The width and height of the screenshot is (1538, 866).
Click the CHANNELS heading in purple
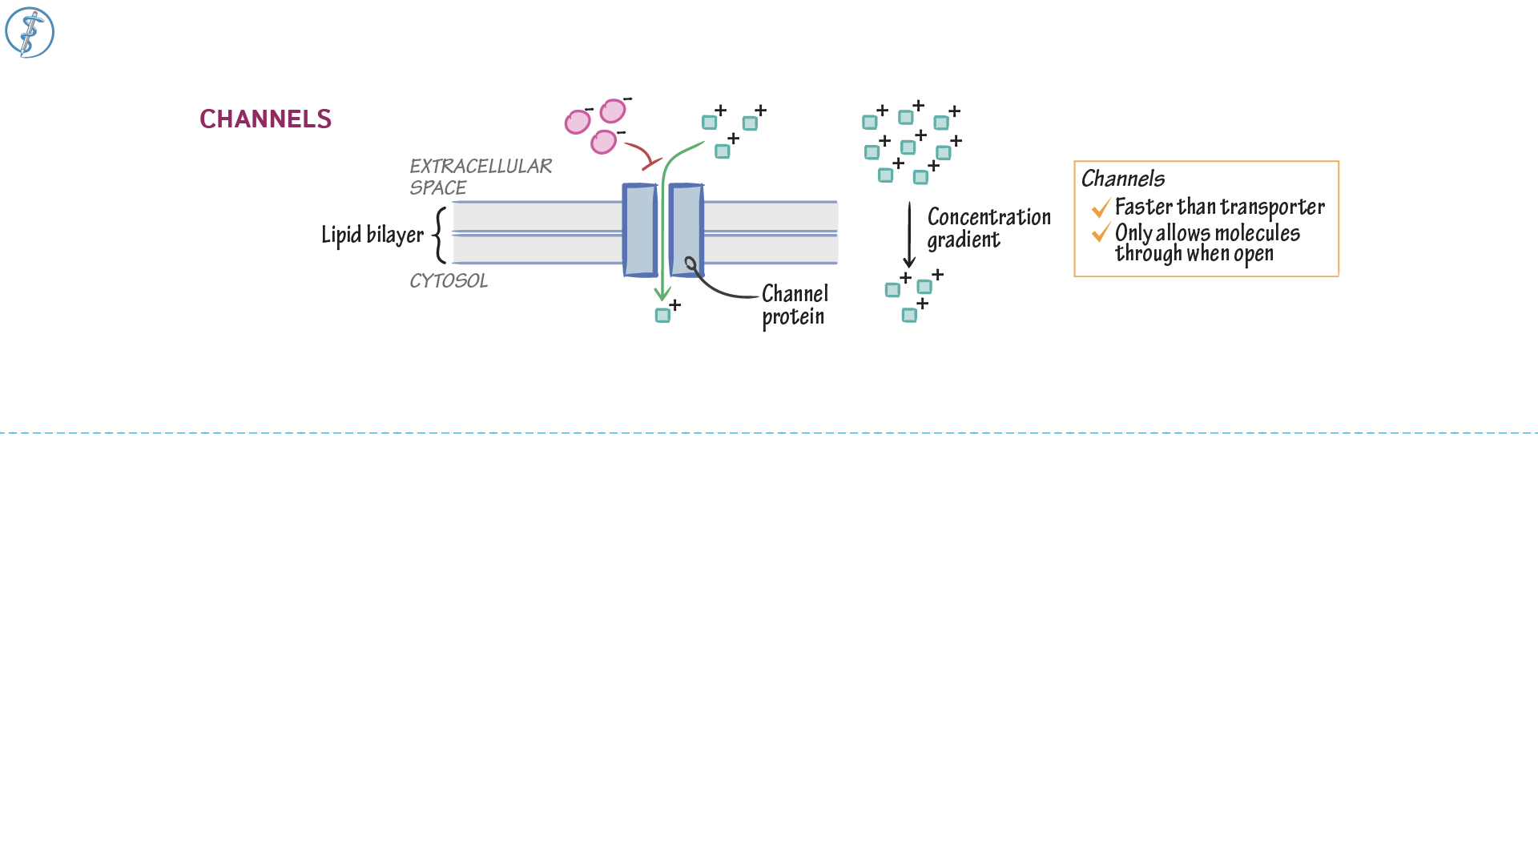click(265, 119)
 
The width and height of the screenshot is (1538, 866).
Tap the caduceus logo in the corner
click(30, 33)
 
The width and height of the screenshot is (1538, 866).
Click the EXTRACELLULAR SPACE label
click(480, 176)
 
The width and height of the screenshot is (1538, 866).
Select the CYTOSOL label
click(449, 281)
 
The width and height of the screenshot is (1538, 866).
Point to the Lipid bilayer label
click(372, 235)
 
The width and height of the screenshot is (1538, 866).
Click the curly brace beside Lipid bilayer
click(440, 235)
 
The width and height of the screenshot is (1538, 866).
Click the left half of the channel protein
click(639, 231)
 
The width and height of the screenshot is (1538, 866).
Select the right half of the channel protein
click(686, 231)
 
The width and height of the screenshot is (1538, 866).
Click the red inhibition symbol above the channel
click(650, 163)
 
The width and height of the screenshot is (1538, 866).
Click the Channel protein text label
click(795, 305)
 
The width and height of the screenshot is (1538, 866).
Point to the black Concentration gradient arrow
click(909, 235)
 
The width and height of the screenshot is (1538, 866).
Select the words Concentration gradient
click(988, 228)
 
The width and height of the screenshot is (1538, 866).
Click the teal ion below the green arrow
click(662, 316)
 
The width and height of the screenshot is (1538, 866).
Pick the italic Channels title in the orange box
click(1123, 179)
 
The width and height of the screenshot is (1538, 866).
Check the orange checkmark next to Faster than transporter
click(1101, 208)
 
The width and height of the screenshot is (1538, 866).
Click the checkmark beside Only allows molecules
click(1101, 233)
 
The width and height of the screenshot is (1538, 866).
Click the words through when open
click(1194, 254)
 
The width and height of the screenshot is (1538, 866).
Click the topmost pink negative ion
click(613, 111)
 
